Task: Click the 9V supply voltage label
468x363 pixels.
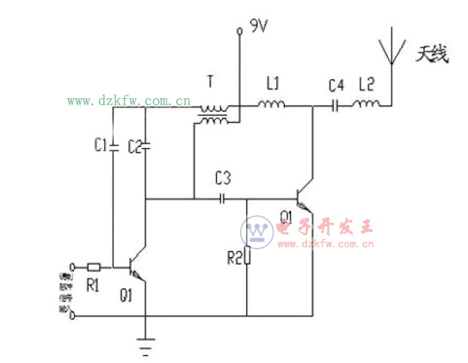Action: [258, 27]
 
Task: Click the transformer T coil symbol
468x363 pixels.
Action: [212, 114]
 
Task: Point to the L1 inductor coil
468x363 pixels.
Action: [273, 106]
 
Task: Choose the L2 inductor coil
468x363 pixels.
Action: [366, 106]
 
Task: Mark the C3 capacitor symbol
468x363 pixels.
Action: [223, 199]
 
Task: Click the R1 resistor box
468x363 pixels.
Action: [95, 266]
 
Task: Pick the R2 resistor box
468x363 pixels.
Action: [247, 255]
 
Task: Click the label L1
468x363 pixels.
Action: [273, 84]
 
